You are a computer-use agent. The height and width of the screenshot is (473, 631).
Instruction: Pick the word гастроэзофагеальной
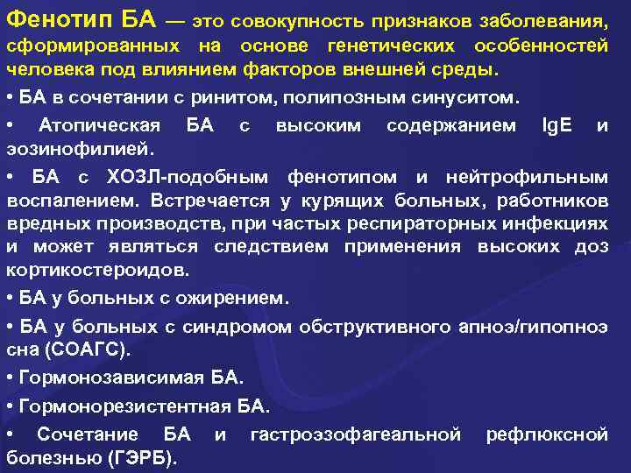[356, 434]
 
